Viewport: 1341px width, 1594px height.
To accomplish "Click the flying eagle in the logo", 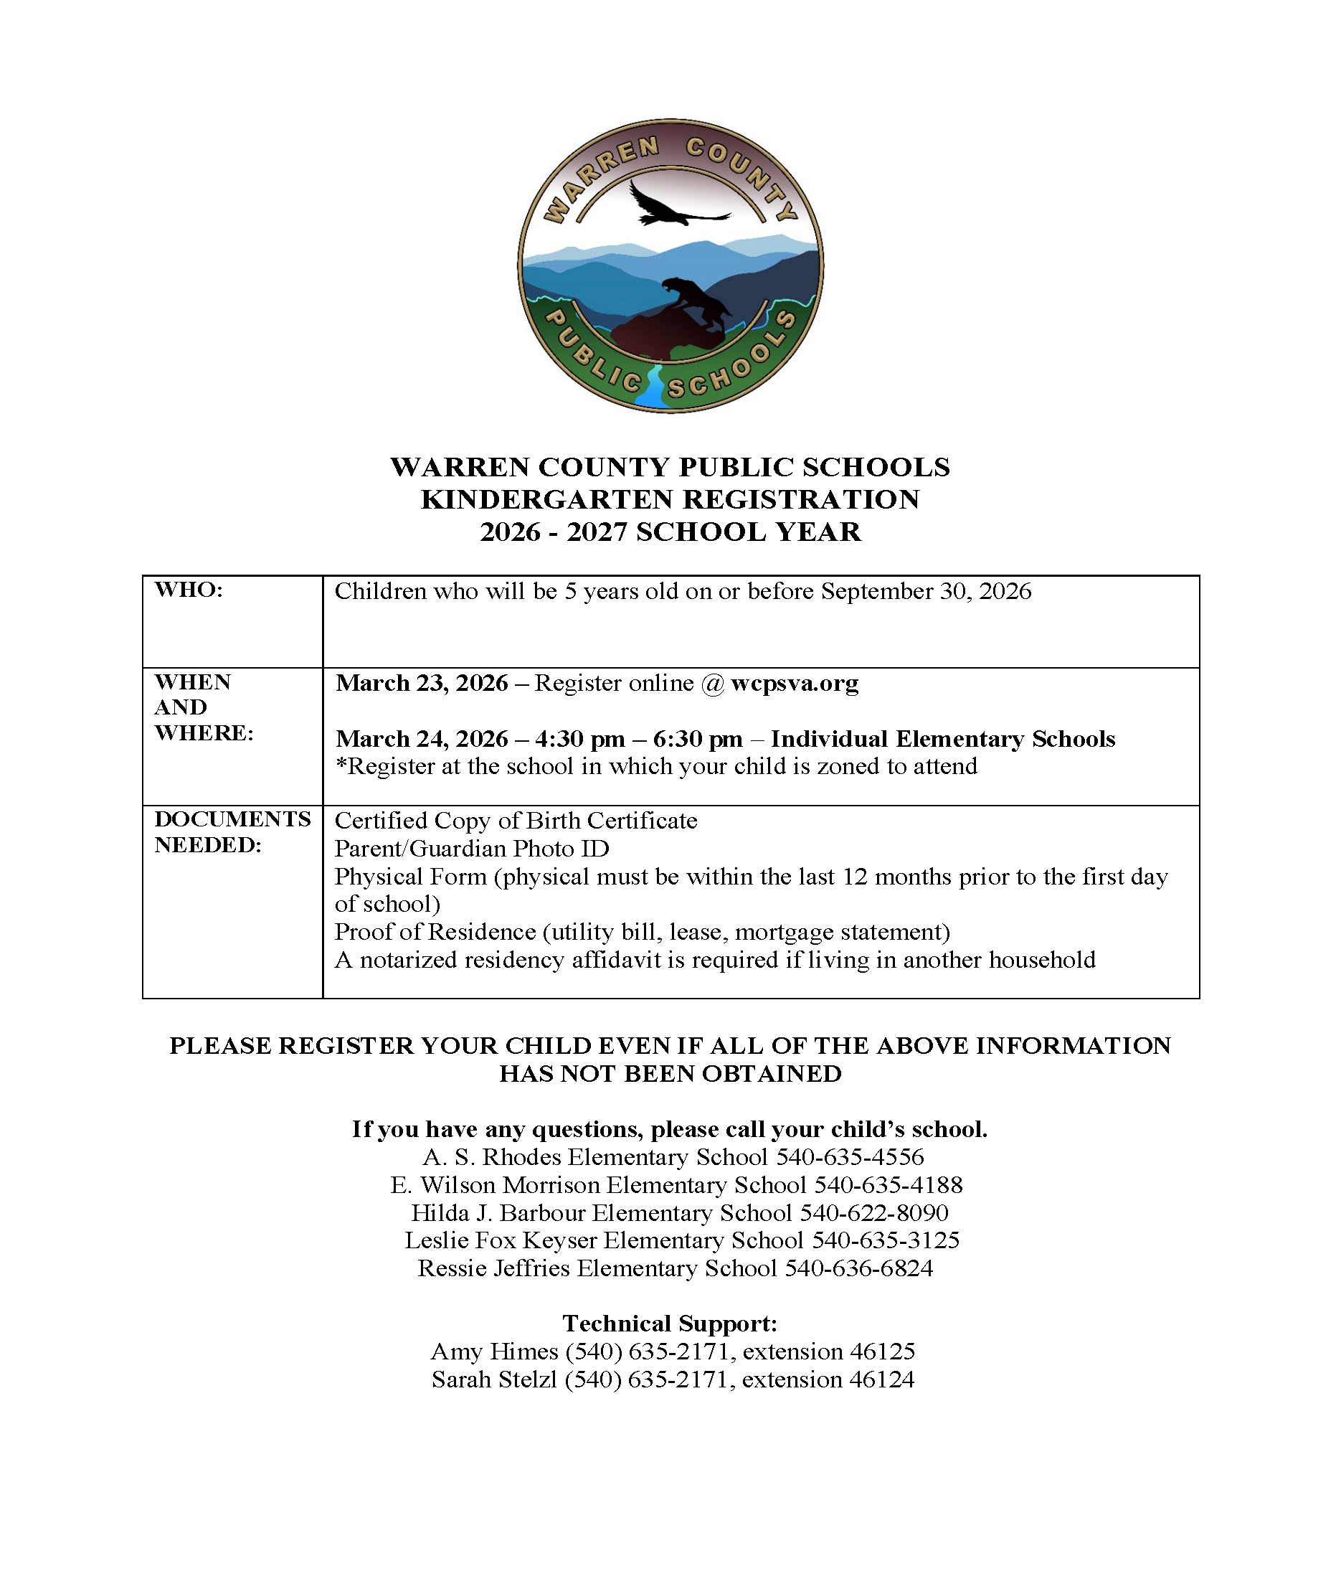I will point(673,206).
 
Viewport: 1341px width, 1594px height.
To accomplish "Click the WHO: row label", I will point(189,590).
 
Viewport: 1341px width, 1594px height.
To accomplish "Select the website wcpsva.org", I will point(795,683).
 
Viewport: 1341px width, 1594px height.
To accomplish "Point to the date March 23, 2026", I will point(422,683).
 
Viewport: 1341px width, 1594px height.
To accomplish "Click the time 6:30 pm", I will point(697,738).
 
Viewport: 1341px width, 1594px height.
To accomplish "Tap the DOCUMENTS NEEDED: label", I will point(232,831).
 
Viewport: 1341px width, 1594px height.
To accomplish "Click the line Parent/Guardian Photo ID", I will point(471,848).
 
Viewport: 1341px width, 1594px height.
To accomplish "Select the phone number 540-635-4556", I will point(849,1156).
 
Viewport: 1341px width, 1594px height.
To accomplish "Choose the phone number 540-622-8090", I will point(873,1212).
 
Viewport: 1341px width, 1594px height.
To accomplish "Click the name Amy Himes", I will point(494,1352).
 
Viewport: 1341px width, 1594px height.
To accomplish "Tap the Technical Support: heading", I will point(670,1324).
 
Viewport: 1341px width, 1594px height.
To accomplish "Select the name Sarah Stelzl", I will point(494,1379).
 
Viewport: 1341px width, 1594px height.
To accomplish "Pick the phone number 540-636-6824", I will point(858,1268).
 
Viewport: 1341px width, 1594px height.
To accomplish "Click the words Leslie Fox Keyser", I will point(501,1240).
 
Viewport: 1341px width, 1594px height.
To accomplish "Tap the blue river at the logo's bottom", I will point(651,390).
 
